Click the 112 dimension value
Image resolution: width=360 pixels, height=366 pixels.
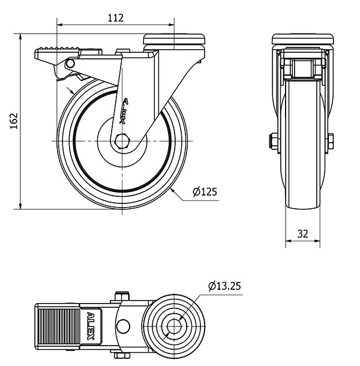coord(115,18)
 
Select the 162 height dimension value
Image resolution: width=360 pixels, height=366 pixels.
coord(14,121)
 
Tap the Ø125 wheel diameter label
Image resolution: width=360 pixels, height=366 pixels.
coord(205,191)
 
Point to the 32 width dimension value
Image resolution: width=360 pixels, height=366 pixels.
coord(302,233)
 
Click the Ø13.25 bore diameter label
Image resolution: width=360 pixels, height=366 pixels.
coord(224,286)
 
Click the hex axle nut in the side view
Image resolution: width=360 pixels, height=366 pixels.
coord(122,141)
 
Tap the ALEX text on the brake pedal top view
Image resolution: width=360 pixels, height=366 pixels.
coord(91,326)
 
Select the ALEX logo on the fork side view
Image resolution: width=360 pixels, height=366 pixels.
coord(124,110)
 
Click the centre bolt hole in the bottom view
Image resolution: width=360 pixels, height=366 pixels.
coord(174,326)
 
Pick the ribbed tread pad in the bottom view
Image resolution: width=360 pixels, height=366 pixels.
coord(59,326)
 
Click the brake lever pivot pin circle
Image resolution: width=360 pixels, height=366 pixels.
coord(70,64)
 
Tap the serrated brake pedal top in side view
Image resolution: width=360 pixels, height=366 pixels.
coord(57,49)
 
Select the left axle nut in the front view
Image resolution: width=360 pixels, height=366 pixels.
coord(273,141)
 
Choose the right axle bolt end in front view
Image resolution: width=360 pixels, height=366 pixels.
coord(331,141)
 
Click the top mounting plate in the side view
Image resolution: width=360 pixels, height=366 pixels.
coord(174,40)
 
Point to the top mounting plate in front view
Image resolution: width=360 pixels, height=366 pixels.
coord(302,39)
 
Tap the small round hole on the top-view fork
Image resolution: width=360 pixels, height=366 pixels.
coord(123,326)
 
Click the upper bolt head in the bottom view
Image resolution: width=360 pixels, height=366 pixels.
coord(122,296)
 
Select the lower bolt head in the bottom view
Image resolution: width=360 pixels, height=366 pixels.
coord(122,355)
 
